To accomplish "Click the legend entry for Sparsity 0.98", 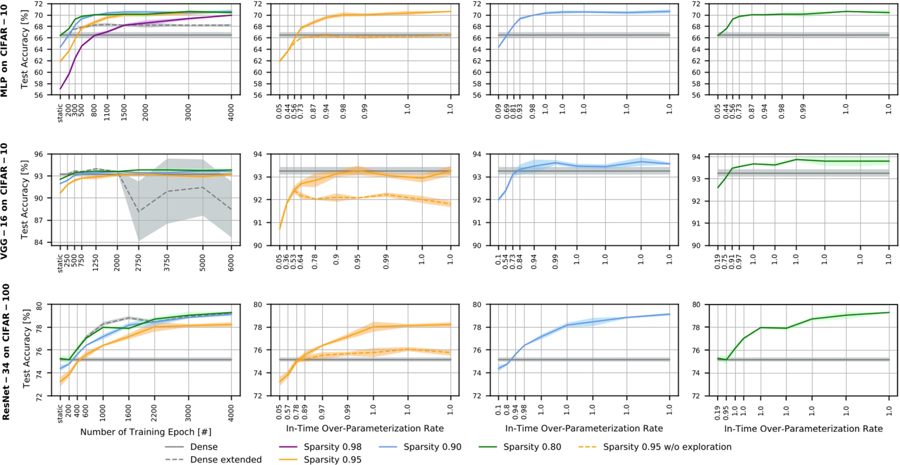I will click(332, 447).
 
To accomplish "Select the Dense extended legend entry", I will click(225, 460).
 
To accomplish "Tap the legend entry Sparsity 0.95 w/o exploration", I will click(667, 447).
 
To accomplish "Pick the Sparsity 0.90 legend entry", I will click(432, 447).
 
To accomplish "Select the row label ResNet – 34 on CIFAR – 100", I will click(5, 351).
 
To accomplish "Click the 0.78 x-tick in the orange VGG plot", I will click(315, 258).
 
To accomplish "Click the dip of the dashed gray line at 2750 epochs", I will click(138, 212).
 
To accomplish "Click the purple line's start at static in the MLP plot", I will click(60, 88).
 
